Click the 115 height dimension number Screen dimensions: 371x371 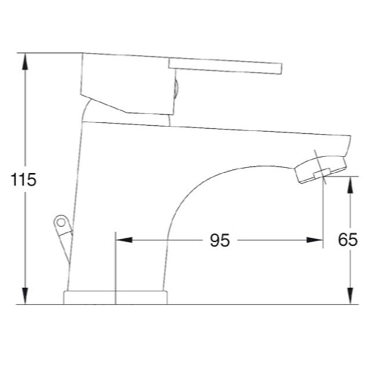[x=23, y=180]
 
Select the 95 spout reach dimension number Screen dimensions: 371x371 [x=220, y=240]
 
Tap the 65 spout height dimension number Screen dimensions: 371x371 [x=348, y=239]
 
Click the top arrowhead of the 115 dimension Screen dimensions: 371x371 [x=25, y=61]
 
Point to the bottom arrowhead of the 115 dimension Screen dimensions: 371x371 [x=25, y=296]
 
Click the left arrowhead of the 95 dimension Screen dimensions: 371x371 [x=124, y=240]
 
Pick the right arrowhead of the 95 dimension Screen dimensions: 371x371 [x=314, y=240]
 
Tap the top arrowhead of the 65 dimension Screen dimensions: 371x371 [x=350, y=185]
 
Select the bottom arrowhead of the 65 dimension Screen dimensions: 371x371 [x=350, y=296]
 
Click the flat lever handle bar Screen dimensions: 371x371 [x=225, y=66]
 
